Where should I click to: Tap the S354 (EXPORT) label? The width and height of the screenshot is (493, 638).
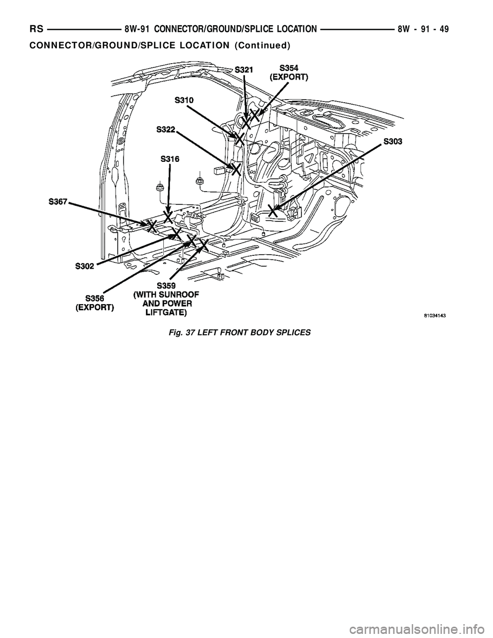[289, 72]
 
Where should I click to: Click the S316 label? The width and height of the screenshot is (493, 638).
[170, 159]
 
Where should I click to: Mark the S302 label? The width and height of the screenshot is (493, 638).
[85, 266]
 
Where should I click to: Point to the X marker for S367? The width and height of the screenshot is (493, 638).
[151, 224]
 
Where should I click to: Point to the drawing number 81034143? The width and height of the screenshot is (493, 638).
[430, 317]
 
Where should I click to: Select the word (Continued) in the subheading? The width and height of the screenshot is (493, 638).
[262, 45]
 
